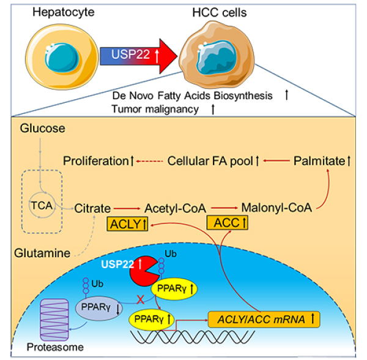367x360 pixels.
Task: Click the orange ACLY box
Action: coord(130,225)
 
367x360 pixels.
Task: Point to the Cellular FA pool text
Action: coord(215,162)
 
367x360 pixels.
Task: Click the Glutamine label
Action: coord(41,252)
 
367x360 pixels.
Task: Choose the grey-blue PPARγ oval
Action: coord(97,304)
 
